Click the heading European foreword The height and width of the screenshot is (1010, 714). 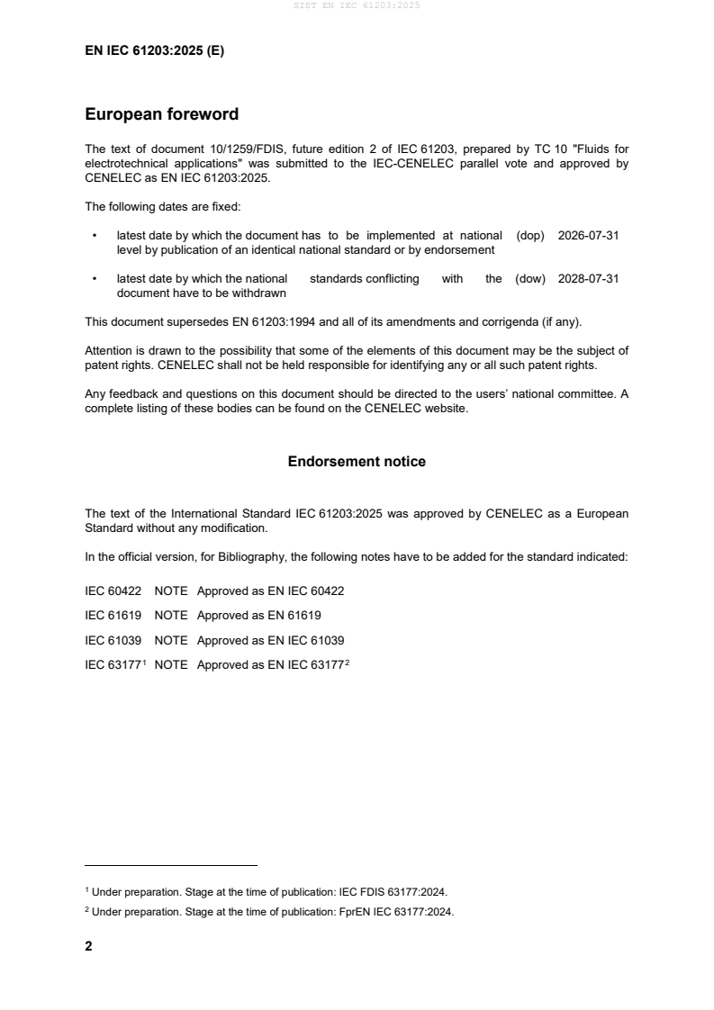(x=161, y=114)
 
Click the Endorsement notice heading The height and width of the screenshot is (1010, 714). (x=357, y=462)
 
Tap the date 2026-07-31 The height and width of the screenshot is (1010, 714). (x=588, y=235)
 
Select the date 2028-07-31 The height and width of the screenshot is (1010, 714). (x=588, y=279)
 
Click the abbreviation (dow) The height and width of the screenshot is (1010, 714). (x=530, y=279)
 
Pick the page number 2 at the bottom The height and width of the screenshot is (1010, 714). (x=88, y=946)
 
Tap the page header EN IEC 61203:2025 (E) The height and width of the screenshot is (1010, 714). (x=154, y=51)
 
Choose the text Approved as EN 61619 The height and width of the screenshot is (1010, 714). (x=259, y=616)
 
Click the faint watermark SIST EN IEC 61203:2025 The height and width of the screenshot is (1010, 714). (x=357, y=5)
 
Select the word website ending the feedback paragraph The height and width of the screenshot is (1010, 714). (x=446, y=409)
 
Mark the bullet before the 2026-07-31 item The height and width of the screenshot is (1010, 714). (x=95, y=236)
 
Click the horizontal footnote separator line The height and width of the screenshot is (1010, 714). (x=171, y=865)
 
